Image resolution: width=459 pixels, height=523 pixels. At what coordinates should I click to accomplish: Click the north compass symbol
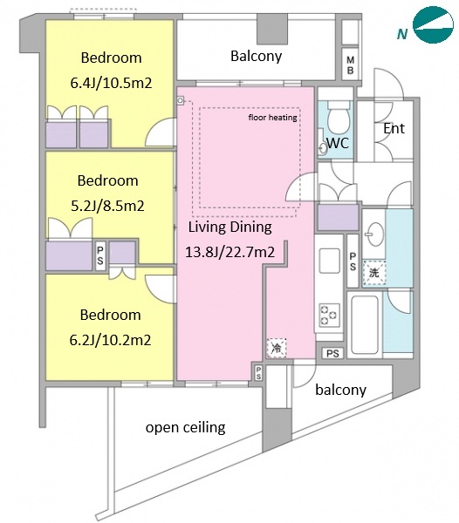click(x=433, y=24)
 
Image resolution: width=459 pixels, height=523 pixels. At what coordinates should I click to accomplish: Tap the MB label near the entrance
click(x=350, y=65)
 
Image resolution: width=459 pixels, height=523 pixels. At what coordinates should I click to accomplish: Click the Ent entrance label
click(x=394, y=128)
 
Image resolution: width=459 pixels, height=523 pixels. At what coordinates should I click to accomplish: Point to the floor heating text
click(x=273, y=118)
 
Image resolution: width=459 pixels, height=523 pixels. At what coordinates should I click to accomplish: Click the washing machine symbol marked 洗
click(x=373, y=273)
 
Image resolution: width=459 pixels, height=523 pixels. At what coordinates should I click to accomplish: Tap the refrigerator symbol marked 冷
click(x=277, y=348)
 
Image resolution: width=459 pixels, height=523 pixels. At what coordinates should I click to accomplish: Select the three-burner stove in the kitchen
click(x=330, y=315)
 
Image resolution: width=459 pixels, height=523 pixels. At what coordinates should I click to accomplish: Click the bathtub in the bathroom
click(x=365, y=325)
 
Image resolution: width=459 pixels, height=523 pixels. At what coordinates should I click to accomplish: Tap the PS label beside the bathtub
click(x=332, y=353)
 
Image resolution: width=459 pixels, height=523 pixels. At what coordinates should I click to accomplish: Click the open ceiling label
click(x=186, y=427)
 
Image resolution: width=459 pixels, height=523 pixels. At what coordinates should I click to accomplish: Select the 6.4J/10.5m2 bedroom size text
click(x=111, y=83)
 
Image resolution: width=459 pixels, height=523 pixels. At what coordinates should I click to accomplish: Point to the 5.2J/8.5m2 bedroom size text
click(x=108, y=206)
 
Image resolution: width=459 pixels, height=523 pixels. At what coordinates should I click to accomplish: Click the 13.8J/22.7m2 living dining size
click(x=230, y=252)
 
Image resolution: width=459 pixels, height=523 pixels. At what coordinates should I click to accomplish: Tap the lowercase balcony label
click(x=340, y=390)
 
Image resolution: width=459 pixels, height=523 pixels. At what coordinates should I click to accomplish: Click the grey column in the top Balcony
click(x=272, y=29)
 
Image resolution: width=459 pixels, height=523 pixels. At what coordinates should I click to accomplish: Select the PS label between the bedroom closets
click(x=100, y=255)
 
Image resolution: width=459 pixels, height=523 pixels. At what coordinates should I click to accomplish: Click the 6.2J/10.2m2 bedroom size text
click(x=110, y=340)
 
